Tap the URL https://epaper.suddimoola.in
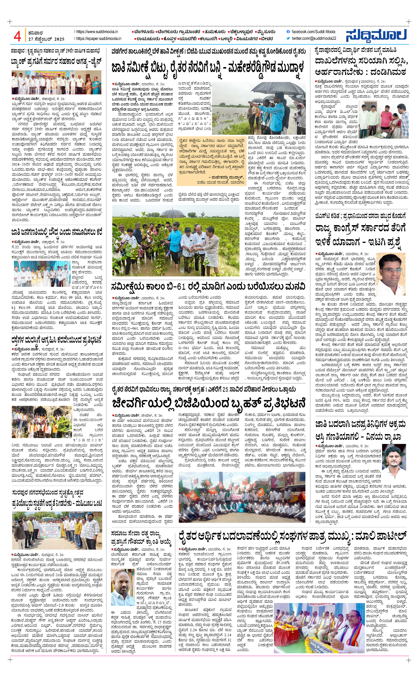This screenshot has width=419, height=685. pos(99,39)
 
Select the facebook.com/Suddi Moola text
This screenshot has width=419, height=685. pos(313,32)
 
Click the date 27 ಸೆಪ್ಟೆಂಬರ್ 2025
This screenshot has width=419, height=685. pos(46,39)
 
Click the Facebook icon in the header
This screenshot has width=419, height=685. pos(288,32)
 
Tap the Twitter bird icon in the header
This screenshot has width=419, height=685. pos(288,38)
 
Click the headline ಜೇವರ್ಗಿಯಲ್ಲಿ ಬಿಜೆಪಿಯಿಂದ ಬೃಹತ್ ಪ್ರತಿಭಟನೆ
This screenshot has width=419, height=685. pos(208,403)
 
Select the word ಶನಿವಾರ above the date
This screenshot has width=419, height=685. pos(35,33)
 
